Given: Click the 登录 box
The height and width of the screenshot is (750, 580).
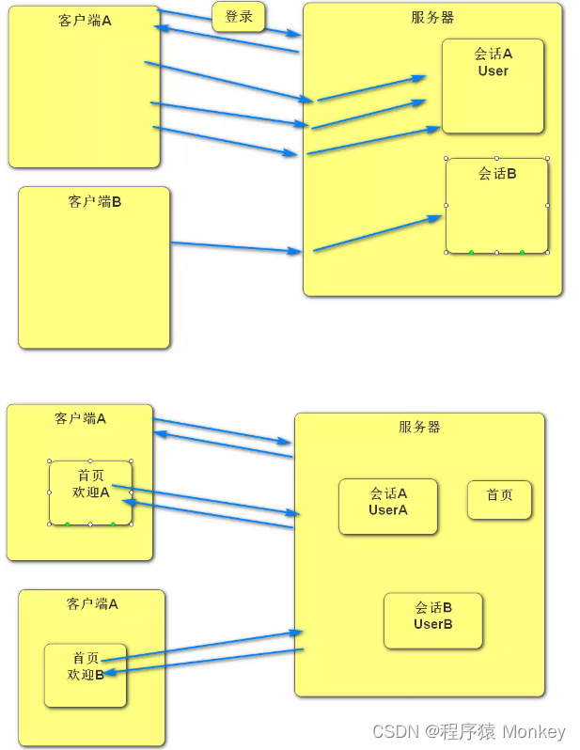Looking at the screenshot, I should tap(239, 17).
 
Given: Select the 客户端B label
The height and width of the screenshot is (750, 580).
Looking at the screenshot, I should tap(94, 201).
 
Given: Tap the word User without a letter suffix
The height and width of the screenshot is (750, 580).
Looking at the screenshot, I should tap(493, 70).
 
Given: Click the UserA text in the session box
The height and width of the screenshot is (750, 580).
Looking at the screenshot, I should tap(387, 509).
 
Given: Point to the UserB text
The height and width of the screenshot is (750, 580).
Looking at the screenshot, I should tap(432, 624).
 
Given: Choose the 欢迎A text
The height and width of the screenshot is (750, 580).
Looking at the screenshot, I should tap(91, 492).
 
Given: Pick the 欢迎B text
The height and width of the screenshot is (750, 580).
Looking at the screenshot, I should tap(85, 674).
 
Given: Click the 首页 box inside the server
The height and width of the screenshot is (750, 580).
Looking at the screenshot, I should tap(499, 495).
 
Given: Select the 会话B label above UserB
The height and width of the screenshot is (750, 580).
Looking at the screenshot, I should tap(433, 607).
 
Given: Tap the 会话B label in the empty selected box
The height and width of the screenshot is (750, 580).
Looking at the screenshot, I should tap(497, 173).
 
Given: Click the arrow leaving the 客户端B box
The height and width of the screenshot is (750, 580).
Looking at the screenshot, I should tap(235, 247).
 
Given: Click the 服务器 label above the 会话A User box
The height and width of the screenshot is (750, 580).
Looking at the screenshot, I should tap(431, 17).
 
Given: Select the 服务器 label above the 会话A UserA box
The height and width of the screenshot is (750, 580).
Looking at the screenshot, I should tap(418, 427).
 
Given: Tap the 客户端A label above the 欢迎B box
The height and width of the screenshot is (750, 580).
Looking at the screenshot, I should tap(92, 604).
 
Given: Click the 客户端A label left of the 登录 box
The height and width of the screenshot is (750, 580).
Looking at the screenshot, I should tap(85, 20).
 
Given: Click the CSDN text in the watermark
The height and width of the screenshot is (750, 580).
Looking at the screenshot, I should tap(394, 731).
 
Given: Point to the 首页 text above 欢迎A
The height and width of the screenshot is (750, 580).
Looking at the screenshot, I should tap(91, 475).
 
